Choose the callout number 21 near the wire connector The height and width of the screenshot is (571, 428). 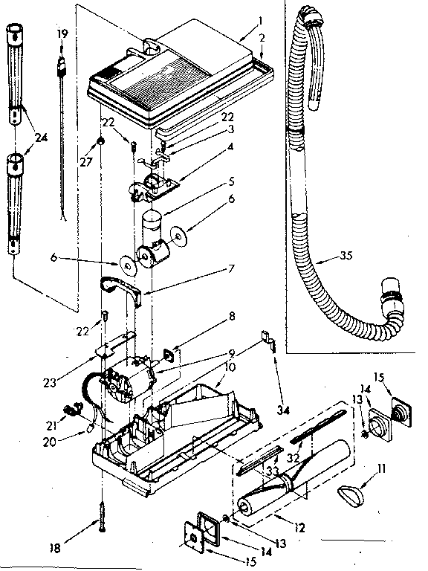point(53,425)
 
